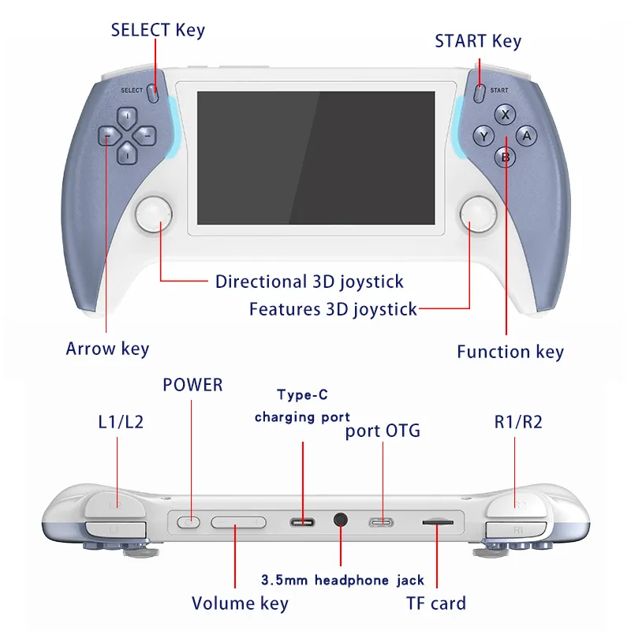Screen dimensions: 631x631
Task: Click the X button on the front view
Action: point(505,115)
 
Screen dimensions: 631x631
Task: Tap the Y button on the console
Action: point(484,136)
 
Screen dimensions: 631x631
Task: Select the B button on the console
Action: point(505,157)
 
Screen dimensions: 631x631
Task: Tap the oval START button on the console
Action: point(479,92)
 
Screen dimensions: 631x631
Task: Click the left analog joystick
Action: point(154,215)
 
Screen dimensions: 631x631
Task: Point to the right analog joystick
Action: point(478,215)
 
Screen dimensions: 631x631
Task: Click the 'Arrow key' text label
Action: point(107,349)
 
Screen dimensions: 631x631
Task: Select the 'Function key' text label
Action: point(510,351)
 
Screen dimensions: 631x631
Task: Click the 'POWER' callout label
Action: point(192,385)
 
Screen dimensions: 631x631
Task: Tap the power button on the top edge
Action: point(188,521)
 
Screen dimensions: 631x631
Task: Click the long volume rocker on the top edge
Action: point(238,521)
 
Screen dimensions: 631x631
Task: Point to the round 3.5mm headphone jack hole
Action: point(341,521)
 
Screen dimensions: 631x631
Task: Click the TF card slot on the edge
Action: point(437,521)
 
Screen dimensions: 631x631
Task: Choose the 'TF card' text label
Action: point(436,604)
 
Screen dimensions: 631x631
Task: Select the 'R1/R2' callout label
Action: point(518,422)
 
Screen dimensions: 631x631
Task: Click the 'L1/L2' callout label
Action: point(115,422)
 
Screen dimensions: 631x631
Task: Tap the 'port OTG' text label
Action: point(383,431)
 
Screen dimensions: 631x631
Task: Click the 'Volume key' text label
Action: point(240,604)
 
